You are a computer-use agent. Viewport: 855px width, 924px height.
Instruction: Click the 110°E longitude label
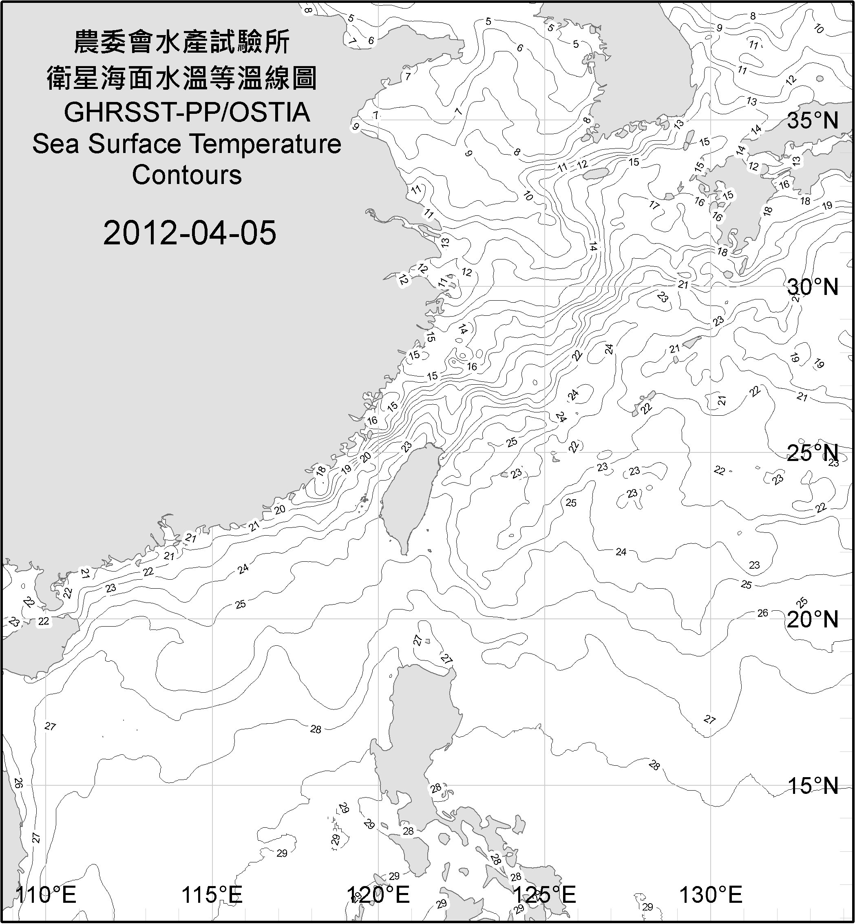pos(46,894)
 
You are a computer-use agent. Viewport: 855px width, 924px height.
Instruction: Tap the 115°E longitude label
pos(212,894)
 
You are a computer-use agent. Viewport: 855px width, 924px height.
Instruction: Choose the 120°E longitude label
pos(378,894)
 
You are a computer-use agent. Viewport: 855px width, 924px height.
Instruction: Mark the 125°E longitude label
pos(545,894)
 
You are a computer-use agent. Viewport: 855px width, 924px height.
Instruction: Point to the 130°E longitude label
pos(711,894)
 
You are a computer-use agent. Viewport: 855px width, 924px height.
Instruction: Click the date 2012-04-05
pos(190,233)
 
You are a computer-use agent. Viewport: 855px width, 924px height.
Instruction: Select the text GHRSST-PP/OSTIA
pos(187,112)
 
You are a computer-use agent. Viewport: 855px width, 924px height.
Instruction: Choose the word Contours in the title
pos(187,175)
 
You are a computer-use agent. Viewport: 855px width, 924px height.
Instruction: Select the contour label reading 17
pos(654,205)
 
